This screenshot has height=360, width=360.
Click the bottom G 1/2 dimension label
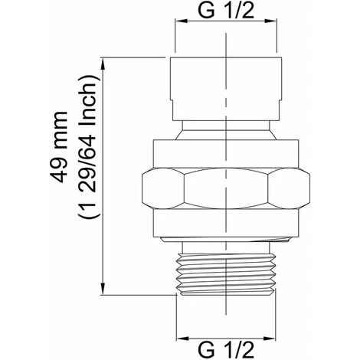pos(226,350)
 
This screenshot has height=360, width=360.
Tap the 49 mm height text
pos(59,147)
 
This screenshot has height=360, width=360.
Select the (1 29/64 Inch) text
pos(87,146)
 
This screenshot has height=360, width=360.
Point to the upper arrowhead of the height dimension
pos(103,64)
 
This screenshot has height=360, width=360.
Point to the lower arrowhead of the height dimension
pos(103,289)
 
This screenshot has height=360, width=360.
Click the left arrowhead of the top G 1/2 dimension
pos(182,21)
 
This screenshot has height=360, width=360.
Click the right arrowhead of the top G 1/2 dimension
pos(270,21)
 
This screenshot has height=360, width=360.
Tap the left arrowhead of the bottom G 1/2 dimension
pos(183,339)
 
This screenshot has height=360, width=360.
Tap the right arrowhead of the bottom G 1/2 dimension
pos(270,339)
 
